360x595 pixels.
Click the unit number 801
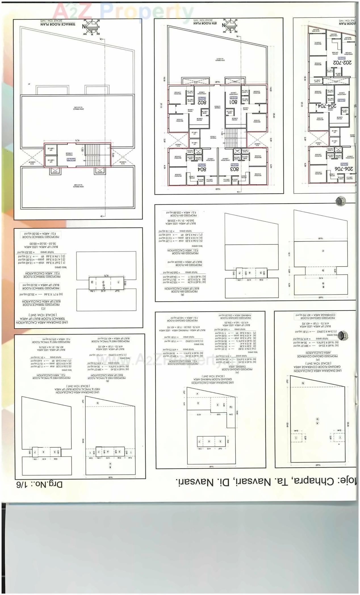[233, 102]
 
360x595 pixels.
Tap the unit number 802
[202, 102]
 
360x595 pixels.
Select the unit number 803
[234, 169]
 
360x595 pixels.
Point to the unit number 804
[202, 169]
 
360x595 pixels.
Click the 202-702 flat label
[342, 62]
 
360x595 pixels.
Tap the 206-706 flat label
[344, 169]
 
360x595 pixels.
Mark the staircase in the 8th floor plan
[231, 138]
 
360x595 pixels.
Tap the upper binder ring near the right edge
[340, 201]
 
